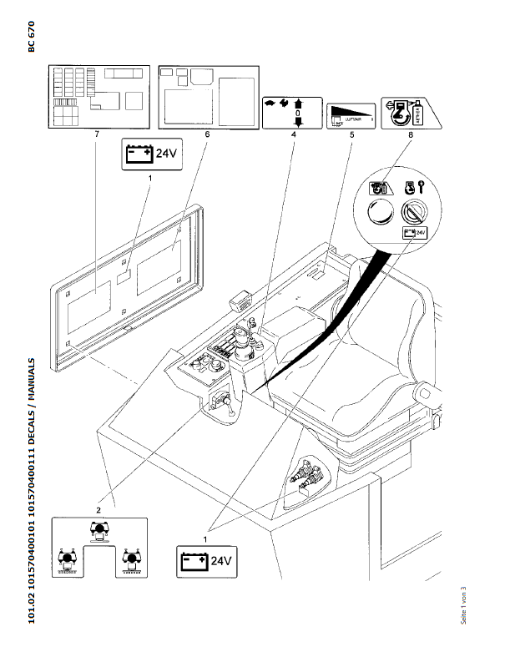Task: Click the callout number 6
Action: pos(207,134)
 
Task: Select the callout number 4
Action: pos(292,134)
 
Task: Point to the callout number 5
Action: pos(352,134)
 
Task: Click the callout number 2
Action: pos(98,508)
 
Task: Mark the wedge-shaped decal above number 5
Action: pos(351,111)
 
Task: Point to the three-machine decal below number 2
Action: pos(98,547)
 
